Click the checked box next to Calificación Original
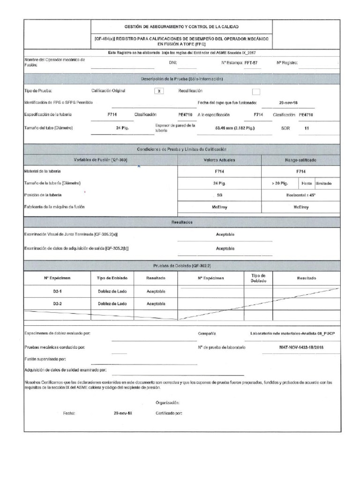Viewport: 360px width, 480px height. [x=160, y=91]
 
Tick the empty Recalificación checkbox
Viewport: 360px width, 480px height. [x=256, y=91]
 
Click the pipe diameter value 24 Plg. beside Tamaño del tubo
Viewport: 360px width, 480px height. [x=123, y=127]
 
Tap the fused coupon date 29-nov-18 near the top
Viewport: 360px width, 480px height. [x=289, y=102]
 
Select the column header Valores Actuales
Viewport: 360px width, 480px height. [x=219, y=160]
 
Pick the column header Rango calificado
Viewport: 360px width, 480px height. [x=300, y=160]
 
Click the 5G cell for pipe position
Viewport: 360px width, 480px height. [x=219, y=195]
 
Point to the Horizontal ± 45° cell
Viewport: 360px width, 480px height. [x=300, y=195]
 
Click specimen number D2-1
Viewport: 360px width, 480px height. [x=58, y=291]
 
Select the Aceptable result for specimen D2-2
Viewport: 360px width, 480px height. [x=156, y=304]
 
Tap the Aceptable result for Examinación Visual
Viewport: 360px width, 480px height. [x=225, y=234]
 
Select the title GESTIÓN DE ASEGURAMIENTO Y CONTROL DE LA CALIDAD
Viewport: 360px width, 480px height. [x=180, y=28]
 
